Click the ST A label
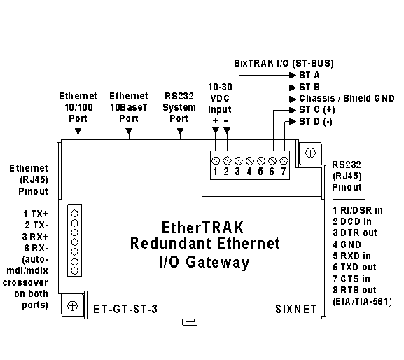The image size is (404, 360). pyautogui.click(x=309, y=75)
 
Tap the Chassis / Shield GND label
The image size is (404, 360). pyautogui.click(x=347, y=98)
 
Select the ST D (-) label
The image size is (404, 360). pyautogui.click(x=316, y=121)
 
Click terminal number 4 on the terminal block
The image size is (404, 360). pyautogui.click(x=249, y=172)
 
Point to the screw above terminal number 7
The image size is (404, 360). pyautogui.click(x=284, y=161)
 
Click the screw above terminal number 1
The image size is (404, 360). pyautogui.click(x=216, y=161)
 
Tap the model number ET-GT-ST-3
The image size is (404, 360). pyautogui.click(x=125, y=309)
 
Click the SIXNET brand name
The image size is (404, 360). pyautogui.click(x=296, y=309)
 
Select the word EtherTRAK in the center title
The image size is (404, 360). pyautogui.click(x=202, y=228)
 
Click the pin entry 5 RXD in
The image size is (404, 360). pyautogui.click(x=351, y=256)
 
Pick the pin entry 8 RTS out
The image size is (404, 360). pyautogui.click(x=354, y=290)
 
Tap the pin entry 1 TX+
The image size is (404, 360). pyautogui.click(x=36, y=214)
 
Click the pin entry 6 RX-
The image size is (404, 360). pyautogui.click(x=36, y=248)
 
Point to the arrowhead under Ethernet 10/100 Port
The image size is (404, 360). pyautogui.click(x=78, y=131)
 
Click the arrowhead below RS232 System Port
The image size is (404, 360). pyautogui.click(x=181, y=131)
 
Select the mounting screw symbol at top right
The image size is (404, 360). pyautogui.click(x=310, y=153)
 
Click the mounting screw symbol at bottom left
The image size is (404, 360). pyautogui.click(x=72, y=306)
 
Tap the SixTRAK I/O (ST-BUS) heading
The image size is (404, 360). pyautogui.click(x=284, y=63)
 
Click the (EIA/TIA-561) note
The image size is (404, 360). pyautogui.click(x=362, y=301)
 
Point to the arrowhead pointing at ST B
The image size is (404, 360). pyautogui.click(x=293, y=88)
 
